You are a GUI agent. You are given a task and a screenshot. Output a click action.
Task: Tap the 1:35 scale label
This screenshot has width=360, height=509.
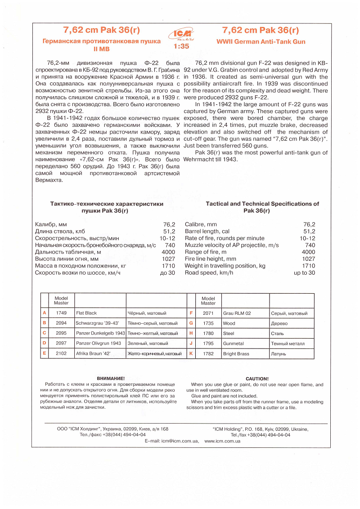coord(181,46)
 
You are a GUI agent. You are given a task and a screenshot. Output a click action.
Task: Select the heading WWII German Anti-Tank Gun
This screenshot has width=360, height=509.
coord(261,42)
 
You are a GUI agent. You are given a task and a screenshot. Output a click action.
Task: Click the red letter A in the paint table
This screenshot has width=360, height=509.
coord(44,313)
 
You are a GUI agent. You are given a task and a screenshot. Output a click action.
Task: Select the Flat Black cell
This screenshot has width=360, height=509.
coord(86,313)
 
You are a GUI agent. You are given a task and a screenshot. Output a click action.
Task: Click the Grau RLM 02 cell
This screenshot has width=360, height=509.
coord(236,313)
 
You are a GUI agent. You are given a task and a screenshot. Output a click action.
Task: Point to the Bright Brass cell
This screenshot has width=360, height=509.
coord(236,354)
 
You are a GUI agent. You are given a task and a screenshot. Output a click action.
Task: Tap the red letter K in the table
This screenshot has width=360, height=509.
coord(191,353)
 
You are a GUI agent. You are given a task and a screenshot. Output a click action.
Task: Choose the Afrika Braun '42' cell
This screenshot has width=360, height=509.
coord(94,354)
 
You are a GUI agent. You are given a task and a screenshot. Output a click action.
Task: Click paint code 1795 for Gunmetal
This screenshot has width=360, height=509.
coord(208,344)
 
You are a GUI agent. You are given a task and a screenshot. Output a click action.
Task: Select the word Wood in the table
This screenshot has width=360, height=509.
coord(229,323)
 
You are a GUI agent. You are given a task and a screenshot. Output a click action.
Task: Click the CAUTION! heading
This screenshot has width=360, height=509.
coord(257,379)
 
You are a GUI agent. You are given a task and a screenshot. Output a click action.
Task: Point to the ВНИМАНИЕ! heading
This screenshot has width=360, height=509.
coord(111,379)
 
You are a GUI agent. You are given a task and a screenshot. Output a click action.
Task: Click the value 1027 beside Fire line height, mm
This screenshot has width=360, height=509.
coord(308,259)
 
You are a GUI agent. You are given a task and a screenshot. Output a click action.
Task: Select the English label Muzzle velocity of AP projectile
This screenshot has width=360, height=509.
coord(232,245)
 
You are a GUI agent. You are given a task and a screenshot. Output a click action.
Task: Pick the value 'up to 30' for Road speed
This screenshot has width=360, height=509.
coord(304,273)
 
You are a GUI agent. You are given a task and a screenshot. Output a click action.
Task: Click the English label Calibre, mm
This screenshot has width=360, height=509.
coord(201,224)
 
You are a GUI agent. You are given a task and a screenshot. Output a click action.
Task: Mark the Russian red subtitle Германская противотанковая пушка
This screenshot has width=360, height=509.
coord(101,41)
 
